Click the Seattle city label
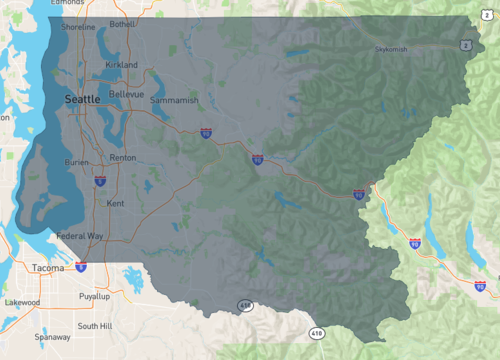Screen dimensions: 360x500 82,100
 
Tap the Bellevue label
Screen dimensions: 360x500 127,94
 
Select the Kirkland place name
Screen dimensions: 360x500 121,64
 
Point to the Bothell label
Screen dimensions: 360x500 123,23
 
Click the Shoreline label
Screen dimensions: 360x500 78,27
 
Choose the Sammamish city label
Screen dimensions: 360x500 175,101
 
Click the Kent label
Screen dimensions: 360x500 115,203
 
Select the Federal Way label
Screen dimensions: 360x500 80,236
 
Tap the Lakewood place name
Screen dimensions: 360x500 22,302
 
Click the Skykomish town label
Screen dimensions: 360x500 391,48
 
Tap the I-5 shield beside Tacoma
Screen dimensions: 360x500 80,267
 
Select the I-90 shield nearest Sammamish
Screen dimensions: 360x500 205,131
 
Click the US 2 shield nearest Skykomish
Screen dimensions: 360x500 466,45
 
